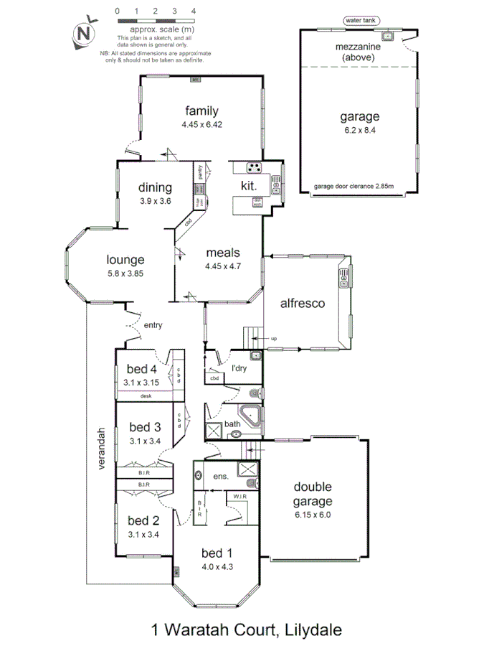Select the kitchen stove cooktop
[255, 168]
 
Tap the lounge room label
[125, 260]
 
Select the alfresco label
[303, 304]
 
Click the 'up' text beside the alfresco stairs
[273, 338]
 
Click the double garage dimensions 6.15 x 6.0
[313, 514]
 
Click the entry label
[153, 325]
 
